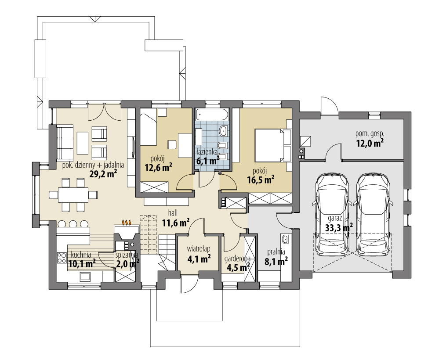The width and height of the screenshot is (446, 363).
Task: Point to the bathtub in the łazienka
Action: click(213, 115)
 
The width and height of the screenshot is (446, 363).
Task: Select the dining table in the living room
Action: click(73, 194)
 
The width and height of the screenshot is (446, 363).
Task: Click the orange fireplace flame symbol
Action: click(127, 223)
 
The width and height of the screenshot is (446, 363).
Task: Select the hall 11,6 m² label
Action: click(175, 218)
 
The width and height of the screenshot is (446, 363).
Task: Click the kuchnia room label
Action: click(80, 254)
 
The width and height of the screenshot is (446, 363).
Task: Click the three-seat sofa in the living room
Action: click(65, 143)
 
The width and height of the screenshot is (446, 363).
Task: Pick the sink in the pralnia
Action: click(285, 240)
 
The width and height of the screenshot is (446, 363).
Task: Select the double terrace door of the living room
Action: click(105, 112)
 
